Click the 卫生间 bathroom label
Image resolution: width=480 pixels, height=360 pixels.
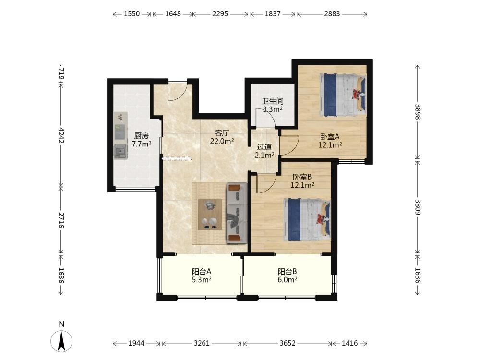pyautogui.click(x=273, y=101)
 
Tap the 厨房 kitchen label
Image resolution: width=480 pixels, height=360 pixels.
pyautogui.click(x=142, y=136)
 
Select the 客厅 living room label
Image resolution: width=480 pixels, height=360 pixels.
pyautogui.click(x=222, y=133)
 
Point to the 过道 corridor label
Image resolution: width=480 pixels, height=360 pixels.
pyautogui.click(x=264, y=147)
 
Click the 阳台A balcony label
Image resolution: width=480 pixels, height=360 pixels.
pyautogui.click(x=202, y=272)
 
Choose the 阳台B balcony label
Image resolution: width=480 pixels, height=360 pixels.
pyautogui.click(x=287, y=272)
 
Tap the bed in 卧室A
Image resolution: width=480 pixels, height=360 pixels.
pyautogui.click(x=343, y=95)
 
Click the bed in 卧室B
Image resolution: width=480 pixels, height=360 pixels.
pyautogui.click(x=307, y=220)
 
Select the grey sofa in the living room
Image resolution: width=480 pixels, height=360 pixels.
pyautogui.click(x=236, y=213)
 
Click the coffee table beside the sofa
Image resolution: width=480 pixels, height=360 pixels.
pyautogui.click(x=210, y=214)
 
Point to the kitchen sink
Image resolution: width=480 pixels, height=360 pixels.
pyautogui.click(x=120, y=152)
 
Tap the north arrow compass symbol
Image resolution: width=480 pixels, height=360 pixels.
pyautogui.click(x=61, y=340)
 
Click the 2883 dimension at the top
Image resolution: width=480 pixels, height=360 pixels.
pyautogui.click(x=332, y=14)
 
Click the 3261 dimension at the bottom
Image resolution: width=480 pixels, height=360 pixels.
pyautogui.click(x=202, y=343)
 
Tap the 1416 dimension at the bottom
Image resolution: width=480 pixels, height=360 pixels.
pyautogui.click(x=349, y=343)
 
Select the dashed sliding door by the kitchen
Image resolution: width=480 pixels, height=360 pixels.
pyautogui.click(x=177, y=158)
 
